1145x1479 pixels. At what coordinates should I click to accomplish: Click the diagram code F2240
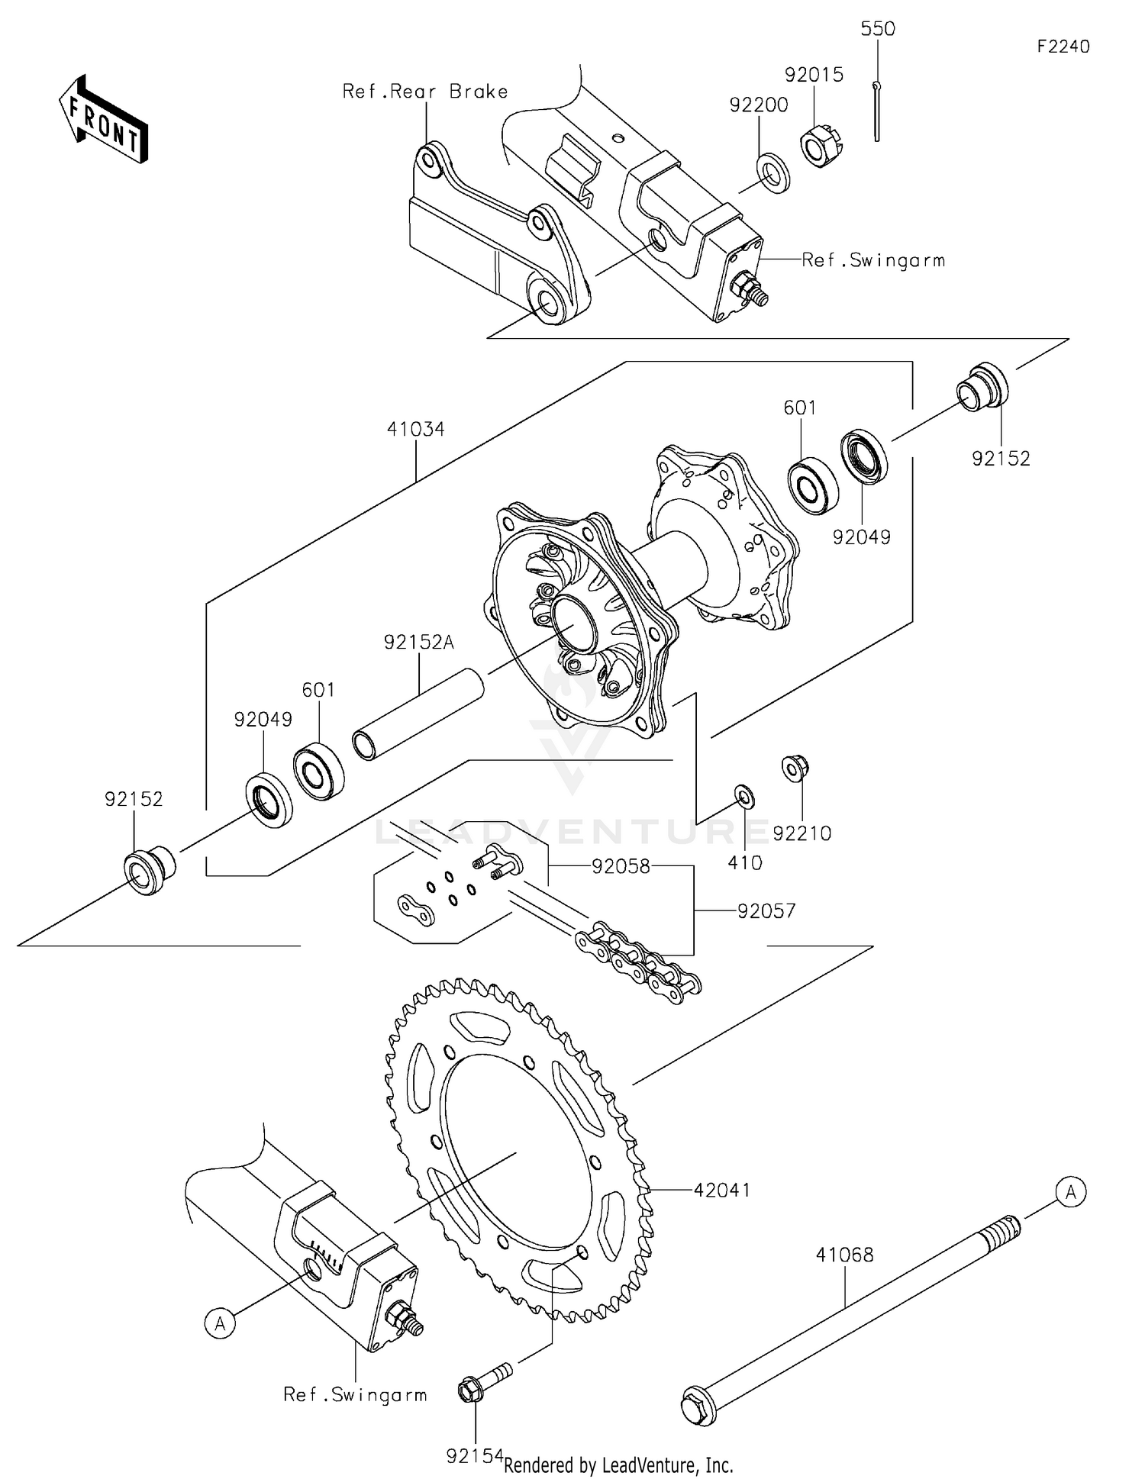[1063, 47]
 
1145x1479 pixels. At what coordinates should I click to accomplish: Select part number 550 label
[877, 29]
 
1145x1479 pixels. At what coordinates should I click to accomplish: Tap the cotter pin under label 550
[878, 111]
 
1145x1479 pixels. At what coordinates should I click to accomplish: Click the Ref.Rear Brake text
[425, 92]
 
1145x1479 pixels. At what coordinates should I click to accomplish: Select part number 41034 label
[415, 429]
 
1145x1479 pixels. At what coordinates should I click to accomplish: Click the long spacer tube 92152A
[418, 714]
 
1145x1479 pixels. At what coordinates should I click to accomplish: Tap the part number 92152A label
[418, 643]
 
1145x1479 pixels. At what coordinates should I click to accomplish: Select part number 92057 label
[766, 910]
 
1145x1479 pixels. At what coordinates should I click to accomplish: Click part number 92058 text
[621, 866]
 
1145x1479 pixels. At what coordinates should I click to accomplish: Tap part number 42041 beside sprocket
[721, 1190]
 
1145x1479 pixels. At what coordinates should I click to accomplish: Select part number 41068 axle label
[844, 1255]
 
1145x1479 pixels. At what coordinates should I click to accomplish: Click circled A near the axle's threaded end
[1070, 1192]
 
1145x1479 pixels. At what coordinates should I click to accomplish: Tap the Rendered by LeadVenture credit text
[618, 1464]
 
